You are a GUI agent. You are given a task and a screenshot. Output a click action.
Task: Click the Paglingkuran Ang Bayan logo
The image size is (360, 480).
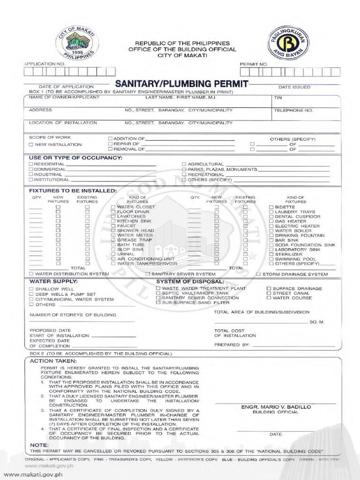[x=288, y=43]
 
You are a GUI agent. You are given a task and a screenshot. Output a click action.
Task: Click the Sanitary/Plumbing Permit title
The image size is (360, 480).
[x=181, y=84]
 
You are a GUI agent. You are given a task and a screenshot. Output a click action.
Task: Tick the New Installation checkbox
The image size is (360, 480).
[x=31, y=145]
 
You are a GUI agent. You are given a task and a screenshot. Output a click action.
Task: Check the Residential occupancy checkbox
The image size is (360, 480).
[x=31, y=164]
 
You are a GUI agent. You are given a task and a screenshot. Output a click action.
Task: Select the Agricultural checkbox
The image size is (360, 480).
[x=184, y=164]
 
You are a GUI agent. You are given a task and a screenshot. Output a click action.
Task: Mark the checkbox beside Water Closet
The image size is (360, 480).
[x=113, y=207]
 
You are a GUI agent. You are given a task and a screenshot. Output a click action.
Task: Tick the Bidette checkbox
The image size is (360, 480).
[x=271, y=207]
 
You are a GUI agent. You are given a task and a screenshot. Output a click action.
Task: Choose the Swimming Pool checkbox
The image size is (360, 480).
[x=271, y=259]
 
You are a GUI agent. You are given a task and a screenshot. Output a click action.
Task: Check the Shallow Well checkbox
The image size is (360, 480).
[x=31, y=289]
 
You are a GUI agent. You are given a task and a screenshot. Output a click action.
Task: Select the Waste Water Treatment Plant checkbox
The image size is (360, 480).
[x=158, y=288]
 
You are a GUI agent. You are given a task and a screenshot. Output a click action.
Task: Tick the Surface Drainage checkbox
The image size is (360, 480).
[x=269, y=288]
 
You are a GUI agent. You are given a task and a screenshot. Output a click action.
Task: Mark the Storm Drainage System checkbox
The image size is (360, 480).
[x=258, y=274]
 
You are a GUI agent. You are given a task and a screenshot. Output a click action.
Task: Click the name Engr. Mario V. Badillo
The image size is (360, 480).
[x=275, y=407]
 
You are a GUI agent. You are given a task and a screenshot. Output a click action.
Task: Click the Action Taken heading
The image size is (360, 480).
[x=46, y=361]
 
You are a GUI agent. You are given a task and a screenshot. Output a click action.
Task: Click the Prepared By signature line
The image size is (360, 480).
[x=293, y=345]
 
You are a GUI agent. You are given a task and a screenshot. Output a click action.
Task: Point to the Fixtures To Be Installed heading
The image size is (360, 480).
[x=73, y=191]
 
